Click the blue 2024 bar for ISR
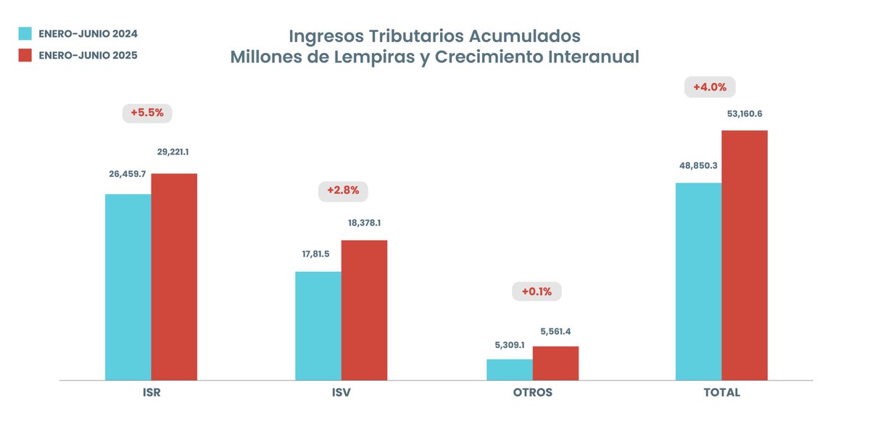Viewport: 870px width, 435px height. [x=128, y=287]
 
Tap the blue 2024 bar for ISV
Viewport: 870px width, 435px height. [x=318, y=326]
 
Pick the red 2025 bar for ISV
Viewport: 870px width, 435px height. [x=364, y=310]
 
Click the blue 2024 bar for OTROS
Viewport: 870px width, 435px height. [x=510, y=369]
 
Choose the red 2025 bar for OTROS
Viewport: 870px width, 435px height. [x=555, y=363]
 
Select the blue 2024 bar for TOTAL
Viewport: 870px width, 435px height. [x=699, y=281]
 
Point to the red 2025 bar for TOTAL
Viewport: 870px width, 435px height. [x=745, y=255]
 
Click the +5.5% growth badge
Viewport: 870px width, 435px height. [x=148, y=113]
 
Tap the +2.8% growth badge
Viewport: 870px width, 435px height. [x=344, y=191]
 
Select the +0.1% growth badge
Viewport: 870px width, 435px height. [x=536, y=292]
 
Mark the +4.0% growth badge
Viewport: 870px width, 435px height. [x=710, y=87]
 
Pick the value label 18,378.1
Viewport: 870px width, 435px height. [x=365, y=223]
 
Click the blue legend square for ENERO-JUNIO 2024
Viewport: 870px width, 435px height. [x=25, y=33]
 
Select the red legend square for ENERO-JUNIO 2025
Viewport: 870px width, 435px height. [x=25, y=55]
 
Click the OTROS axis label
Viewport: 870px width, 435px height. [x=532, y=392]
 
